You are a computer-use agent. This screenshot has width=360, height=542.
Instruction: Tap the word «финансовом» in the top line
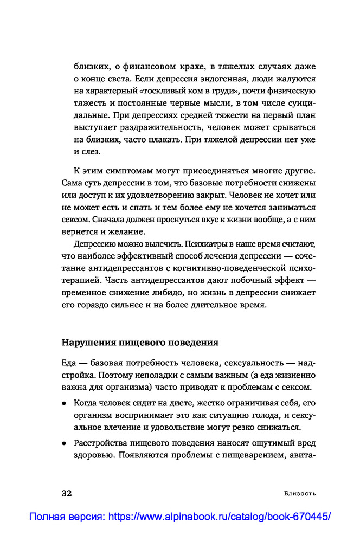(x=135, y=67)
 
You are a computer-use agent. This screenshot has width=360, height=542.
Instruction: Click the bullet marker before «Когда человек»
(x=64, y=404)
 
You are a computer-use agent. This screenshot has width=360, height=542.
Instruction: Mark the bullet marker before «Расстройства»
(x=64, y=443)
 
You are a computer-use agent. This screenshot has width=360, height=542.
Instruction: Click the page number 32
(x=67, y=493)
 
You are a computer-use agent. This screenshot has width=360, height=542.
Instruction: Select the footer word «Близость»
(x=300, y=494)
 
